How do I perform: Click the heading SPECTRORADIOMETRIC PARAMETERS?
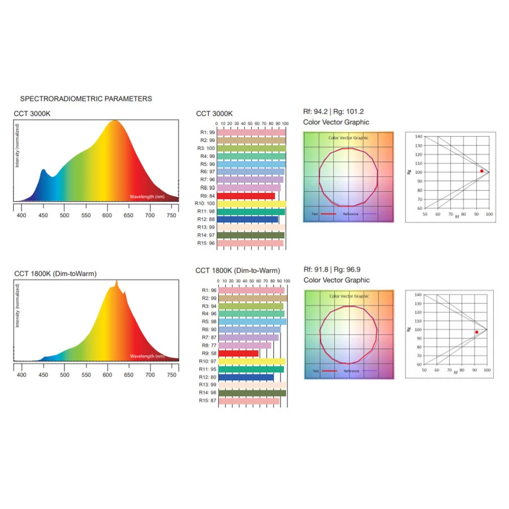pyautogui.click(x=86, y=98)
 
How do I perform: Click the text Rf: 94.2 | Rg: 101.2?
pyautogui.click(x=334, y=111)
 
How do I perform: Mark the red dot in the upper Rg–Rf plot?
pyautogui.click(x=482, y=171)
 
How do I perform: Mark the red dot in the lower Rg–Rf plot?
pyautogui.click(x=477, y=332)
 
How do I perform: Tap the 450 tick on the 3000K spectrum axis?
pyautogui.click(x=43, y=215)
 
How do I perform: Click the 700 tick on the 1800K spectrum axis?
pyautogui.click(x=150, y=374)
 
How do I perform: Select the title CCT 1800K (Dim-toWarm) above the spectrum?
pyautogui.click(x=55, y=274)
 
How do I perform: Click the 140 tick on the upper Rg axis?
pyautogui.click(x=418, y=136)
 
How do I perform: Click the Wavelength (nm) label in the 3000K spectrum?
pyautogui.click(x=147, y=197)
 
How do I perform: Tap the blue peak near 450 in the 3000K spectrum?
pyautogui.click(x=43, y=170)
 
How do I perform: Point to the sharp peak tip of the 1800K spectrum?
pyautogui.click(x=117, y=281)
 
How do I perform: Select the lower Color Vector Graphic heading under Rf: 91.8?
pyautogui.click(x=337, y=280)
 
